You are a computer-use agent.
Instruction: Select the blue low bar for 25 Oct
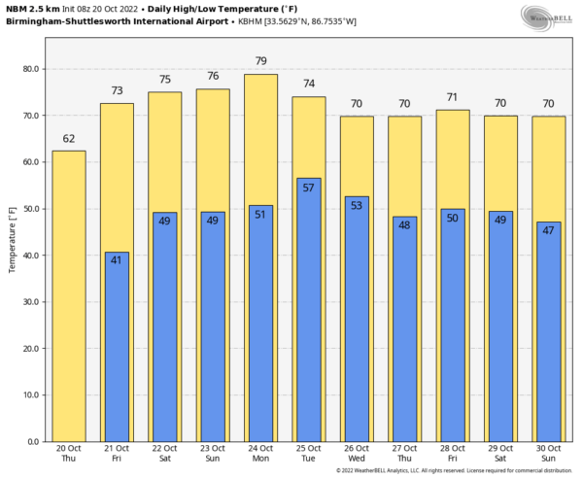309,310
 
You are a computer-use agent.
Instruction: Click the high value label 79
260,61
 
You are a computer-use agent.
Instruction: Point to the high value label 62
68,138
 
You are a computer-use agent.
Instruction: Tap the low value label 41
117,260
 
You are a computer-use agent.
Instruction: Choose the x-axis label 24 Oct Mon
260,455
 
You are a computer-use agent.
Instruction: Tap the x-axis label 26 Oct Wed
357,455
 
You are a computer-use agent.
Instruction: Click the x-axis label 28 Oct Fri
452,455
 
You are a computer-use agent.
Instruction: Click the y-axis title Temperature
12,243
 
